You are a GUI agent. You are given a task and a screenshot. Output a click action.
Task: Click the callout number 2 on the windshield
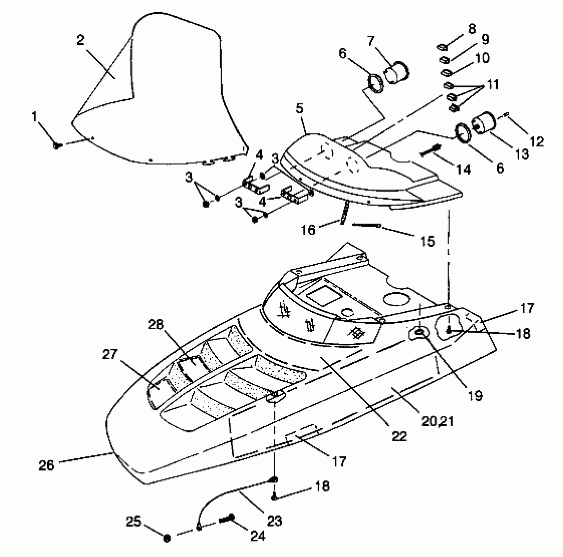(x=81, y=40)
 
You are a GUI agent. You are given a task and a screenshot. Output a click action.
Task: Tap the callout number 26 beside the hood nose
(x=47, y=465)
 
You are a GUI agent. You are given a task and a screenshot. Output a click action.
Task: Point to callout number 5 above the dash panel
(x=300, y=108)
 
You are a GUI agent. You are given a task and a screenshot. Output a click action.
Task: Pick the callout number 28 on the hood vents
(x=156, y=325)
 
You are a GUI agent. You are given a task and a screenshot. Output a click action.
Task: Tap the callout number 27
(x=110, y=354)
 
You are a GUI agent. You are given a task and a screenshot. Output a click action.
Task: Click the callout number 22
(x=399, y=436)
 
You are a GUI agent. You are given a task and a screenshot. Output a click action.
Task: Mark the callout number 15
(x=427, y=241)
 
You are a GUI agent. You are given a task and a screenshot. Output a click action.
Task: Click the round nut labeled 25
(x=167, y=538)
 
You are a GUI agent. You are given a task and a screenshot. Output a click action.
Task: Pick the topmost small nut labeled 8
(x=442, y=48)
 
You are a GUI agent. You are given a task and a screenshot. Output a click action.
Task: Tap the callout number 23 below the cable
(x=274, y=521)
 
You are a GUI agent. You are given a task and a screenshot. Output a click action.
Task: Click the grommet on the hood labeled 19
(x=420, y=333)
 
